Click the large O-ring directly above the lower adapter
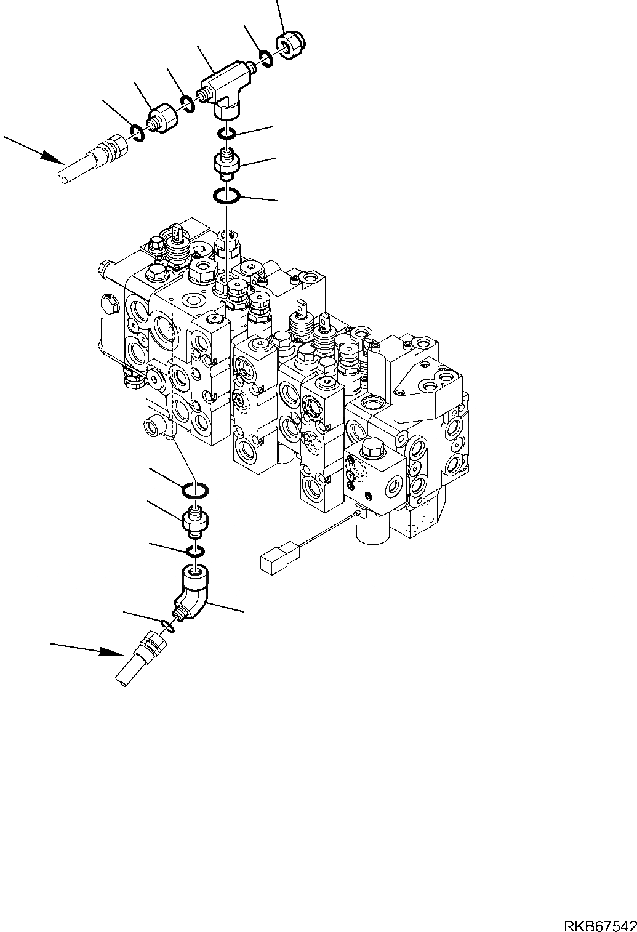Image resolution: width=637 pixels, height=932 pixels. point(194,491)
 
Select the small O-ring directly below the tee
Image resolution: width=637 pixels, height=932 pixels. point(226,133)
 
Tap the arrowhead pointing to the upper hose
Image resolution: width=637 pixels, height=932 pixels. point(52,158)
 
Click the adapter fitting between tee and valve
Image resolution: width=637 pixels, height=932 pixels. point(226,164)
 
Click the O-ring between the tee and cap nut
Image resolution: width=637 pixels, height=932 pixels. point(266,58)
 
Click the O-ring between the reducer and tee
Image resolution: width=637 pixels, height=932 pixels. point(188,103)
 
